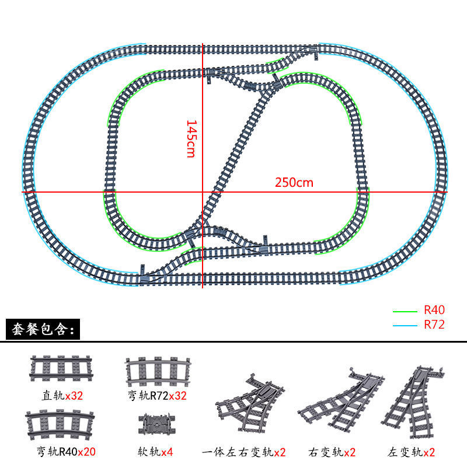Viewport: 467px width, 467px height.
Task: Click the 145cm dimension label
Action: (191, 138)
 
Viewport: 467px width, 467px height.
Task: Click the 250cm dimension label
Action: (294, 182)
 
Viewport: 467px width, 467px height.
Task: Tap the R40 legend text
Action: (434, 311)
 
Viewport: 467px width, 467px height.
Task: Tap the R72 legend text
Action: (434, 325)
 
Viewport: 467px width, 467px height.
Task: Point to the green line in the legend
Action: (405, 311)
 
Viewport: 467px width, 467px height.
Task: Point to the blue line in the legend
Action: (405, 325)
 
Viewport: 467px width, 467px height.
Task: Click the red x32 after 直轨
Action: (74, 395)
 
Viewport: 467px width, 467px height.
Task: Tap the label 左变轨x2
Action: (411, 452)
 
